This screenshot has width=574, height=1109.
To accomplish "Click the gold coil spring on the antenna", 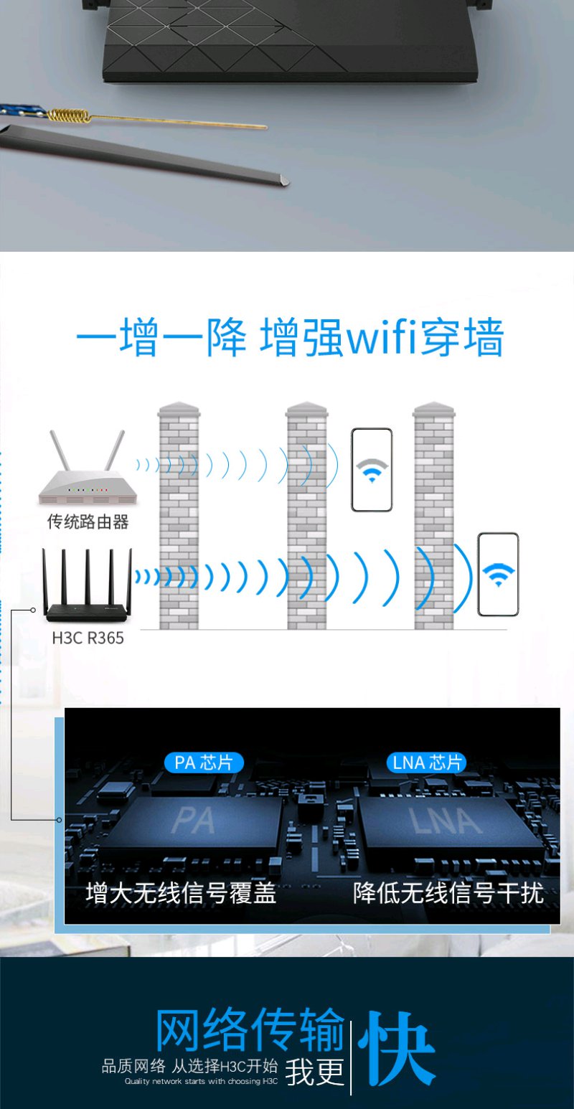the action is pos(69,115).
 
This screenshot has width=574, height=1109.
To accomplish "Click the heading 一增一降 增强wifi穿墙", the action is pos(290,338).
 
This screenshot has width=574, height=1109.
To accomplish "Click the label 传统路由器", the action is pos(88,522).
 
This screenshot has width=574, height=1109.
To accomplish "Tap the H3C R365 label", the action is pos(88,638).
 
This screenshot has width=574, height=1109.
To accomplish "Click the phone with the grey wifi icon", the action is pos(372,470).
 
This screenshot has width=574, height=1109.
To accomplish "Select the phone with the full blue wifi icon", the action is pos(498,575).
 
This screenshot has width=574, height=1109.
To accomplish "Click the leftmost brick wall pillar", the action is pos(179,516).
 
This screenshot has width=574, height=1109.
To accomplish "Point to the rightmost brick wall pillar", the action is pos(434,516).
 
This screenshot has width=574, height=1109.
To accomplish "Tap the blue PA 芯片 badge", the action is pos(204,763).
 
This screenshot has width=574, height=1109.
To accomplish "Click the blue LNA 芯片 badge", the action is pos(427,763).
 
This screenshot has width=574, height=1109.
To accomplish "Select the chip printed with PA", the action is pos(193,824).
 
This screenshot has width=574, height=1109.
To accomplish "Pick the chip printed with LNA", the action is pos(448,824).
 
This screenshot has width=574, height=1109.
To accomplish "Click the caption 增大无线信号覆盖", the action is pos(181,893).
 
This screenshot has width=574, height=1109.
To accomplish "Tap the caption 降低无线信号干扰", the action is pos(448,893).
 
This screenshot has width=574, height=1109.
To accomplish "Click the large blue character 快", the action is pos(396,1047).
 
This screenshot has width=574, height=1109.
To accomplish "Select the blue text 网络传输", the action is pos(250,1029).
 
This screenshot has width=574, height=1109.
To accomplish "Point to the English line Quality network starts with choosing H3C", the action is pos(201,1081).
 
